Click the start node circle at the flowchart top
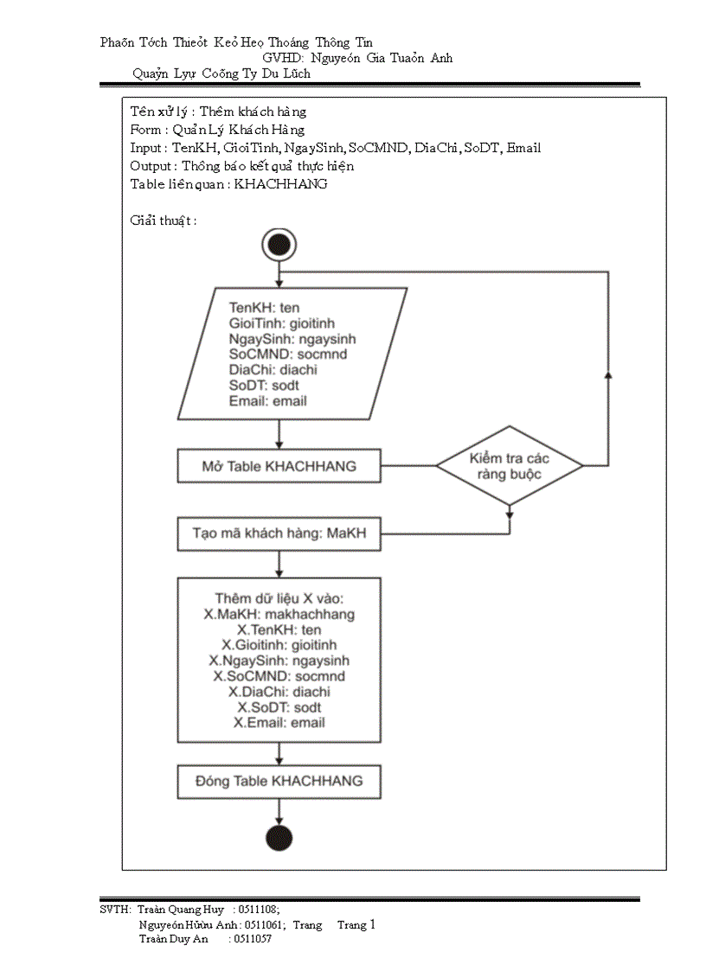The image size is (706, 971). click(x=279, y=245)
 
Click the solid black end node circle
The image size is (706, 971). click(x=279, y=838)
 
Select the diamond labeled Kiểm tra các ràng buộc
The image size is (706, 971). click(x=509, y=466)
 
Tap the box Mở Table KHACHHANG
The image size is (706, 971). click(x=279, y=466)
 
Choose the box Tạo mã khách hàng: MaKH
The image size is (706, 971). click(x=279, y=533)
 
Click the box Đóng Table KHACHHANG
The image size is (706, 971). click(x=279, y=781)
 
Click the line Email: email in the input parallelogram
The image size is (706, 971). click(x=267, y=401)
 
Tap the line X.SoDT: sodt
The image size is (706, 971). click(x=279, y=707)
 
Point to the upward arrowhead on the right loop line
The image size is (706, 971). click(x=607, y=375)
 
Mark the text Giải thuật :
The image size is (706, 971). click(x=164, y=220)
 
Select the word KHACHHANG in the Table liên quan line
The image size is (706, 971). click(x=281, y=184)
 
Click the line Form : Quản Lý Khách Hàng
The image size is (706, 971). click(x=217, y=130)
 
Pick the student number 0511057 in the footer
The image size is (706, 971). click(x=250, y=939)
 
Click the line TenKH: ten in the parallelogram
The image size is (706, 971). click(x=264, y=307)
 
